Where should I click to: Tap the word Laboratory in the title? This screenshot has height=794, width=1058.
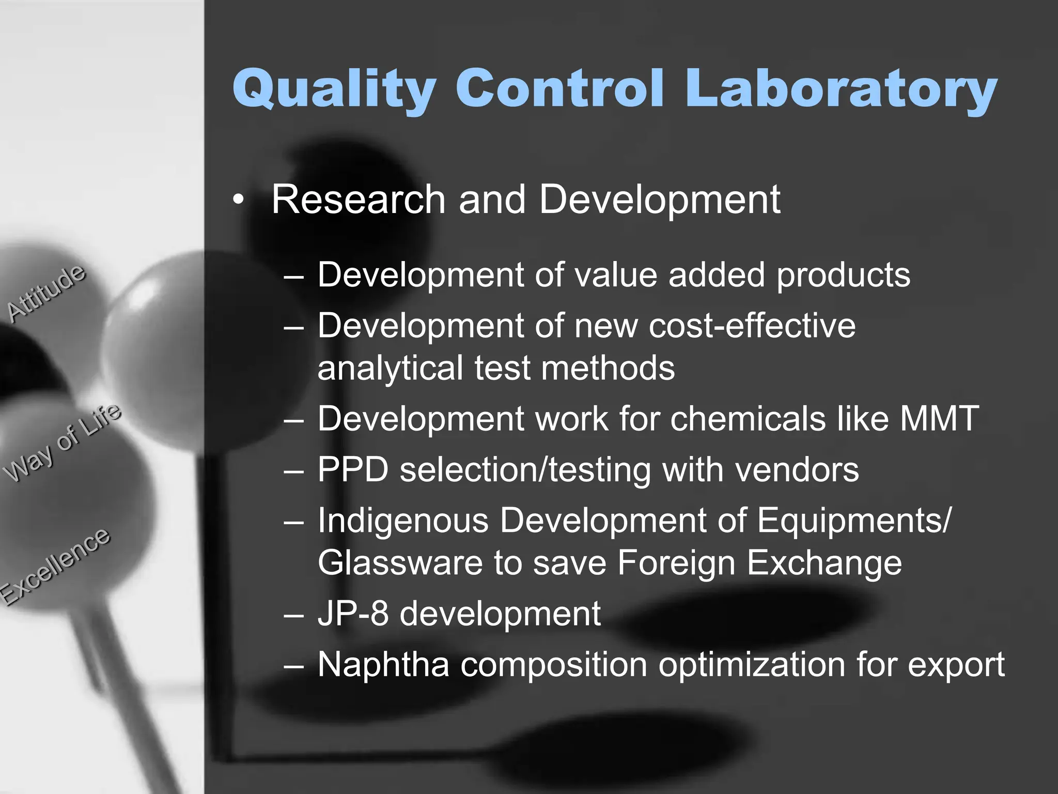click(841, 89)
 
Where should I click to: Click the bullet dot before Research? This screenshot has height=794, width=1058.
click(237, 201)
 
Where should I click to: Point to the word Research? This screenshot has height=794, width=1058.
click(358, 200)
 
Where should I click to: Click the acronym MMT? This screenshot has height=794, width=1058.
click(939, 418)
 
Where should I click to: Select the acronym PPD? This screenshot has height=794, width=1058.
click(353, 469)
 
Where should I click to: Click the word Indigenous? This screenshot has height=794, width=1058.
click(403, 521)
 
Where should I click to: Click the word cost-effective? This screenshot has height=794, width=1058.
click(752, 326)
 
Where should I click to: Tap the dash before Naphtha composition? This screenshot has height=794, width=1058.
click(294, 666)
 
